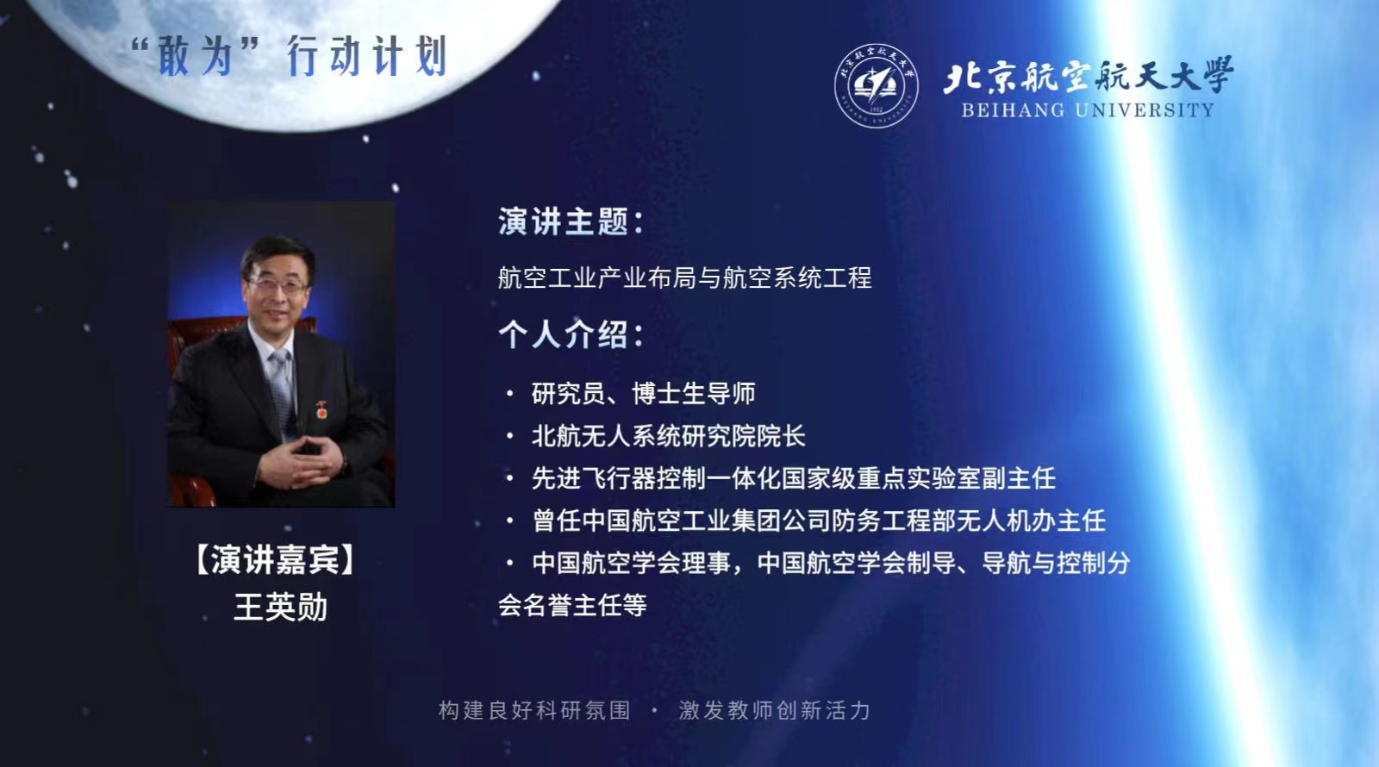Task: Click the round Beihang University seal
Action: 876,85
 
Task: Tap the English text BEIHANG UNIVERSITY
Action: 1087,110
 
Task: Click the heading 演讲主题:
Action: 571,221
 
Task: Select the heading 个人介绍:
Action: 571,335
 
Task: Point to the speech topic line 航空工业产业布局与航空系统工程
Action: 684,277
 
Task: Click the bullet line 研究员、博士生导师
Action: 643,393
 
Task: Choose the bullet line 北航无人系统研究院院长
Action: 669,436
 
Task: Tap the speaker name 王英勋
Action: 280,607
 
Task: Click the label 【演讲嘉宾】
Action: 275,559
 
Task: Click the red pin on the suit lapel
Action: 321,409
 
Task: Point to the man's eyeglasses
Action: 277,285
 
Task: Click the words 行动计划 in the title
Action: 367,56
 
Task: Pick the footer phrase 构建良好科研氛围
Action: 534,710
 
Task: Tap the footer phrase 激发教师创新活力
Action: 775,710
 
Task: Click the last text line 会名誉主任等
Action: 572,605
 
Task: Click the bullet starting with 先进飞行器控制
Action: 794,478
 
